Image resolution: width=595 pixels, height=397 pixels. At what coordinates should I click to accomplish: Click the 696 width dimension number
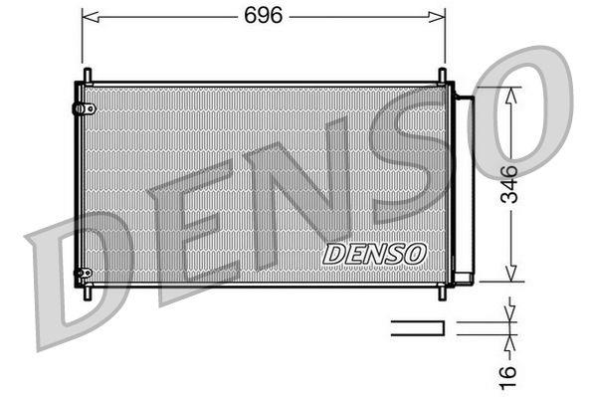coord(263,16)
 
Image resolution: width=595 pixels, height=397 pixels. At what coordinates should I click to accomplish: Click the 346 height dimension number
coord(508,184)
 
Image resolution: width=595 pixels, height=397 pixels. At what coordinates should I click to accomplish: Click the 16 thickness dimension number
coord(507,377)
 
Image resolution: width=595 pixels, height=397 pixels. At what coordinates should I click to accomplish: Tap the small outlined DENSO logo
coord(374,254)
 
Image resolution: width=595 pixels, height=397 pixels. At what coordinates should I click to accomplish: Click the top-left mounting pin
coord(88,76)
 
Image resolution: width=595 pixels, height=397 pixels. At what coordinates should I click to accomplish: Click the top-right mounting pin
coord(442,76)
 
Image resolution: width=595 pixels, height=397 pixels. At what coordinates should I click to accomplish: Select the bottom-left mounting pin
coord(88,293)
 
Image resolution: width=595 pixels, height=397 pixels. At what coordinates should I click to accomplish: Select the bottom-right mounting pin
coord(442,293)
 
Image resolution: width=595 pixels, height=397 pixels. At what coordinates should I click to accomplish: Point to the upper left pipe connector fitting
coord(84,108)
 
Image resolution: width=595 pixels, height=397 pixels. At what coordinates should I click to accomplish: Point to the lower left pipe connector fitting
coord(84,273)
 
